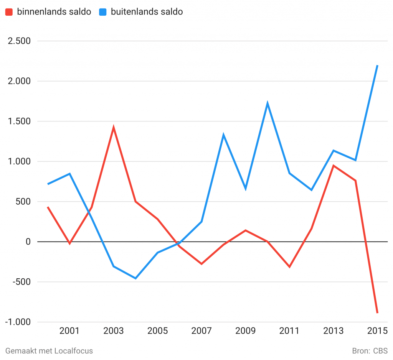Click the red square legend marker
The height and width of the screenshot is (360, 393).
tap(8, 12)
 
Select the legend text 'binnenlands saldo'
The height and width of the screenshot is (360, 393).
tap(54, 12)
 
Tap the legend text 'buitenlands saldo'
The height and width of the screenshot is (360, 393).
tap(147, 12)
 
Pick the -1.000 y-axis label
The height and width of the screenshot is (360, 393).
tap(18, 322)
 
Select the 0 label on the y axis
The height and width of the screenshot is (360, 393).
tap(28, 242)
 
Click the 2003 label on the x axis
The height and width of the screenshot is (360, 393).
tap(113, 331)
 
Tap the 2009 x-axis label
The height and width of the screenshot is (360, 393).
tap(245, 331)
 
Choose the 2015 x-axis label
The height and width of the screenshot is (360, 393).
tap(377, 331)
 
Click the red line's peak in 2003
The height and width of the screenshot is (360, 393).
tap(114, 127)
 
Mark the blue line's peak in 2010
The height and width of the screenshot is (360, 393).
tap(267, 104)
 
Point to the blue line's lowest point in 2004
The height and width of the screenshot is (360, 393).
tap(135, 278)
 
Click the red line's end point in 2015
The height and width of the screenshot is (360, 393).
tap(378, 313)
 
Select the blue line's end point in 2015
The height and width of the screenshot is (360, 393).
tap(378, 66)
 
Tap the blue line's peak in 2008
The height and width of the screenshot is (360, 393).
tap(223, 135)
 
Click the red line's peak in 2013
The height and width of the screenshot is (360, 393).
tap(334, 166)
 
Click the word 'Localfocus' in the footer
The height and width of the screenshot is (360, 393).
tap(74, 350)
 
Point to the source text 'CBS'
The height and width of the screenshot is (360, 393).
tap(380, 350)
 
